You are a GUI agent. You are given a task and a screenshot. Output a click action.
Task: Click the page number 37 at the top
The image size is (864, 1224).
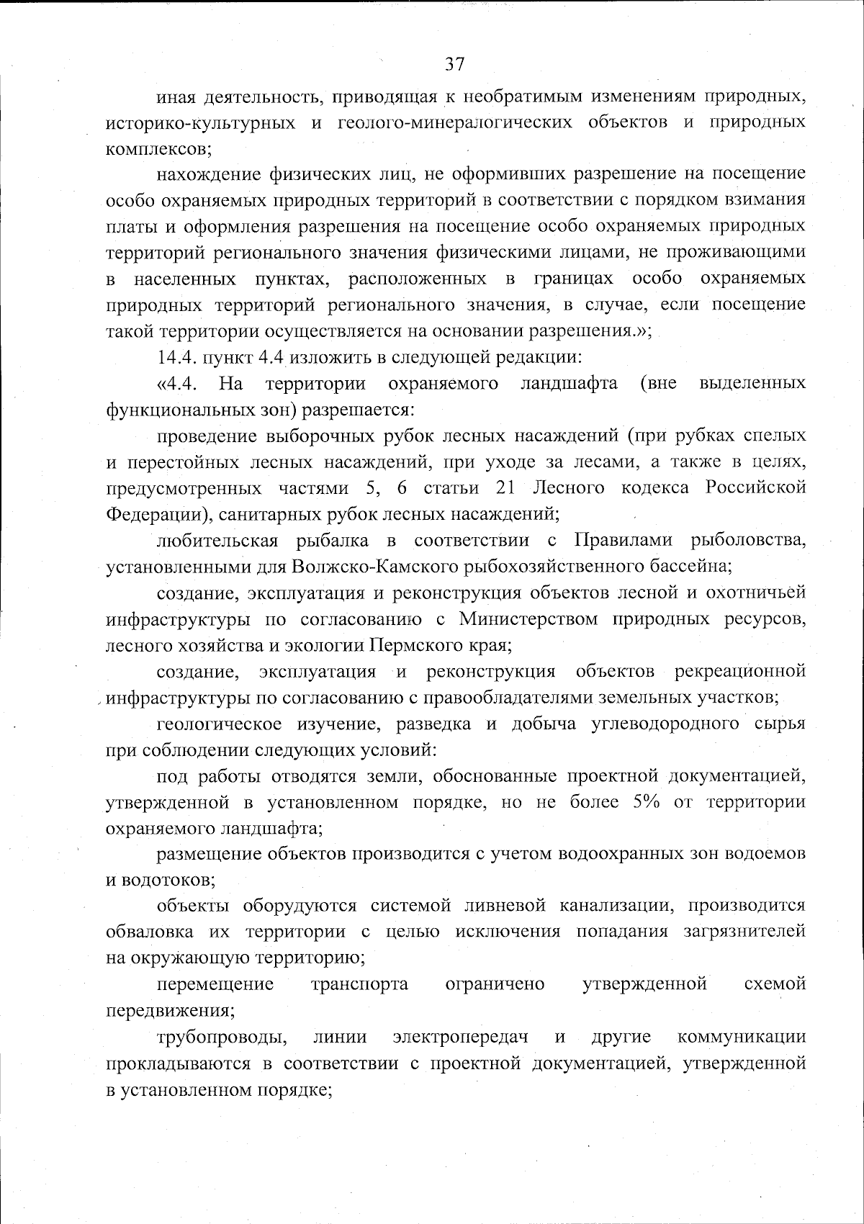[x=454, y=64]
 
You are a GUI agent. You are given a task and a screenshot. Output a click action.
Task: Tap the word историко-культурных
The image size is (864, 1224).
[x=200, y=122]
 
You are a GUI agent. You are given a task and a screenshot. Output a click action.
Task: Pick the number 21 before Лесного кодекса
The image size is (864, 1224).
[x=505, y=488]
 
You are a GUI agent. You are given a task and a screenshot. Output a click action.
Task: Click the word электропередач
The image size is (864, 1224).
[x=460, y=1038]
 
